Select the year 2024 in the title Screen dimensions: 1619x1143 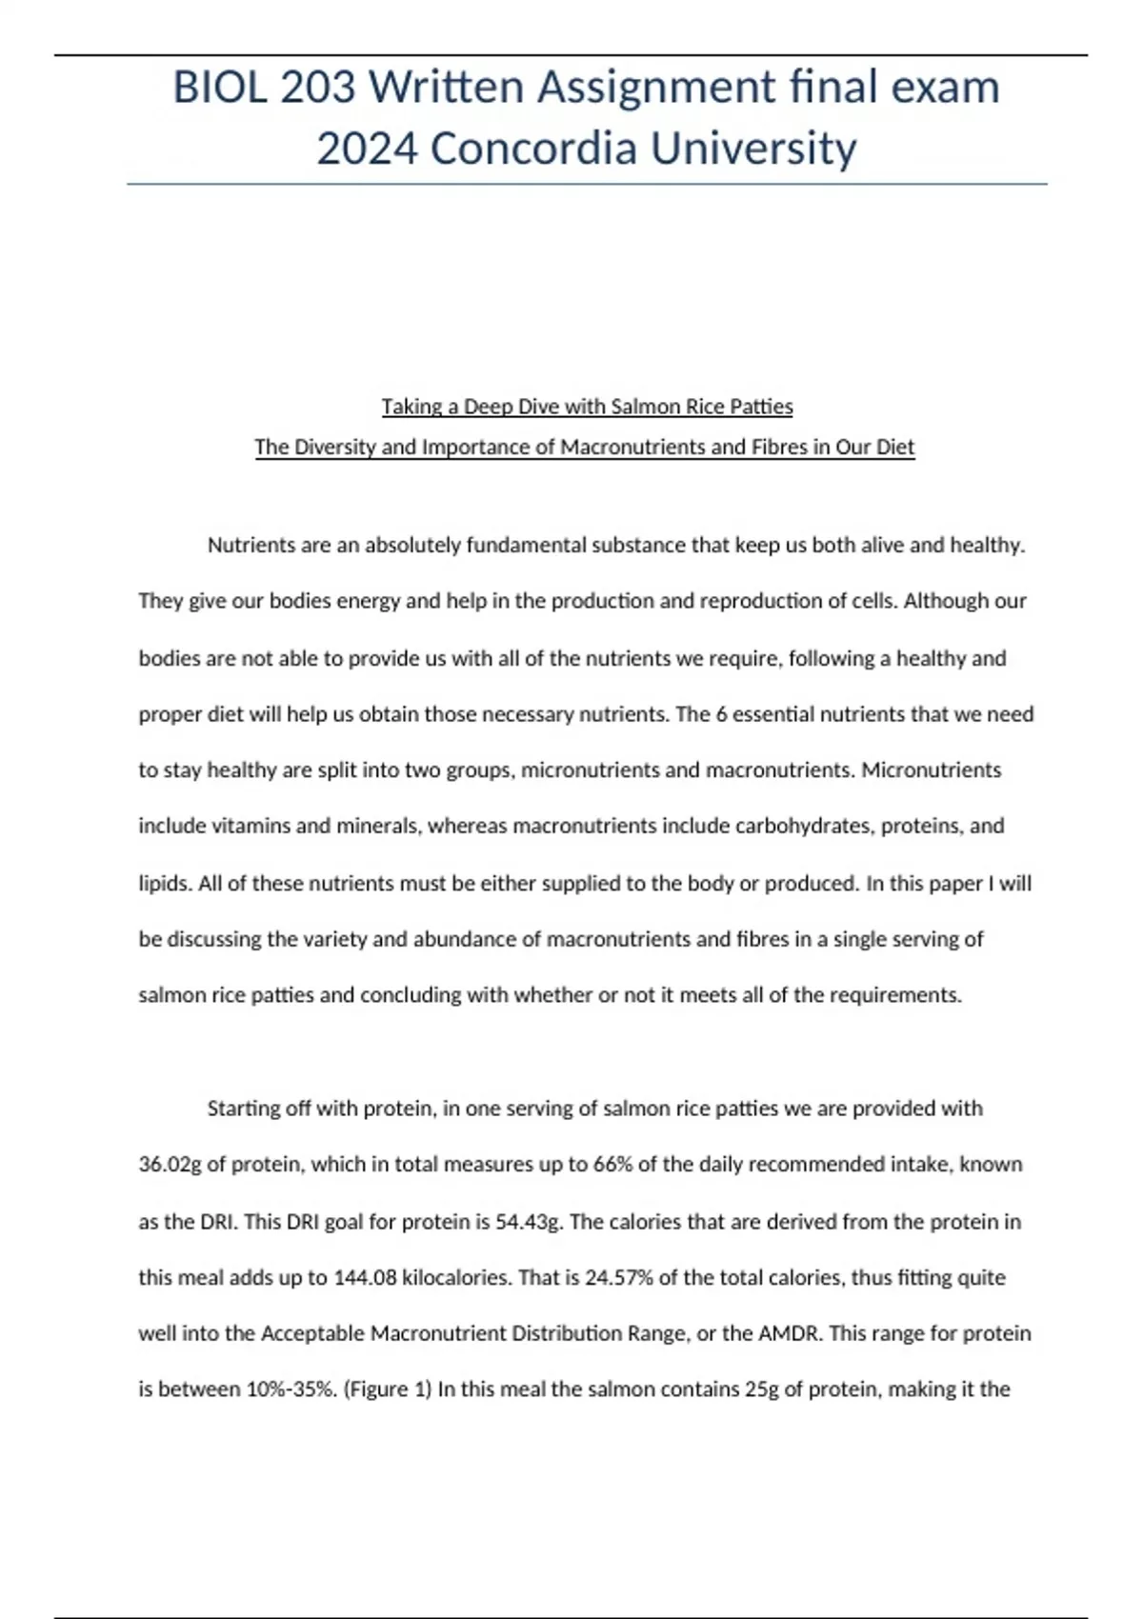(x=366, y=149)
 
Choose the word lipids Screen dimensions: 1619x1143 (x=164, y=883)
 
